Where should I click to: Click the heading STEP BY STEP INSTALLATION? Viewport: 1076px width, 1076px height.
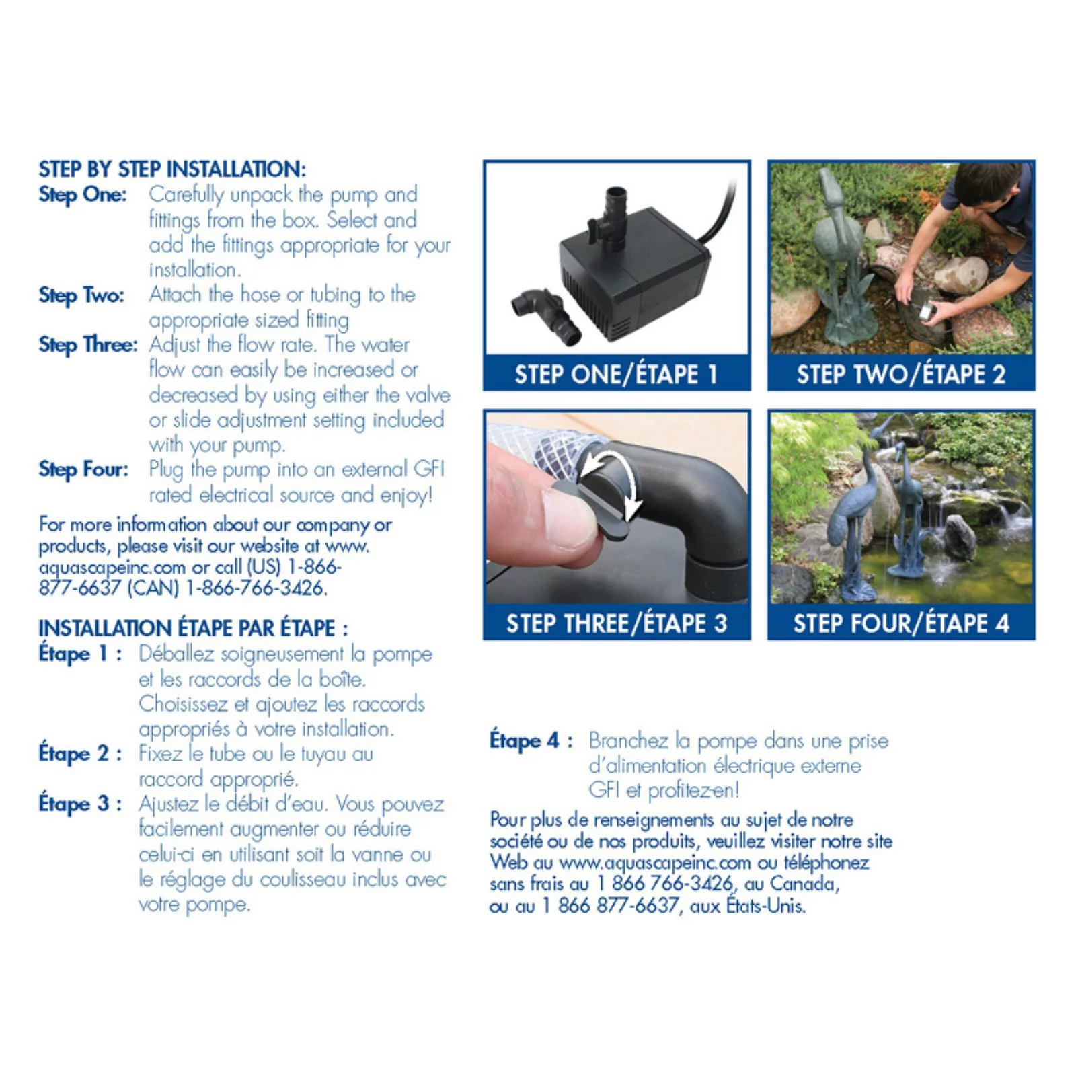click(172, 169)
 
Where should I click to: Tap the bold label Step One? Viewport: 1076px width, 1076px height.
click(83, 195)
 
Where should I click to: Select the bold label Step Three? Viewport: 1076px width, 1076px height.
click(88, 345)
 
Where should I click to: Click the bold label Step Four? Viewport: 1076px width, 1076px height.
click(83, 469)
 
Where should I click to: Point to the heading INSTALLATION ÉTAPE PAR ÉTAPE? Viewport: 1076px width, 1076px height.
click(193, 628)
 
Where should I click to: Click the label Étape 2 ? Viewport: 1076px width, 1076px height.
click(80, 753)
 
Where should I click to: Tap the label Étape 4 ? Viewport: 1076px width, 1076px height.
click(531, 741)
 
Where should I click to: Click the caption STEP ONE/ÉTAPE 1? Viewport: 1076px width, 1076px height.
click(616, 374)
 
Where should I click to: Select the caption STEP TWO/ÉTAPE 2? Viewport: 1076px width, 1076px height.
click(900, 374)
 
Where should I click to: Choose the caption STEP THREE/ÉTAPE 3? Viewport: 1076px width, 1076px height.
click(616, 623)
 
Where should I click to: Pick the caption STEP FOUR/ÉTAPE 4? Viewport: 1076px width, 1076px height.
click(900, 623)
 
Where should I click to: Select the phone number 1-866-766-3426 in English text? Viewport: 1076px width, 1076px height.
click(256, 588)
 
